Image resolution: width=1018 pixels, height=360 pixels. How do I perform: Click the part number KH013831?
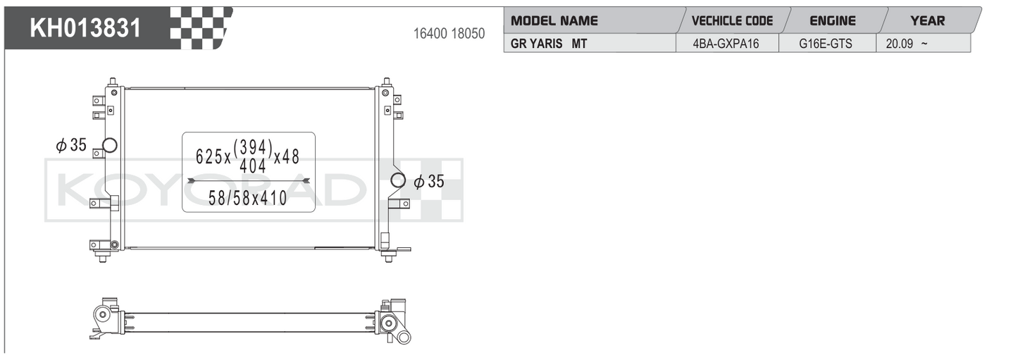point(85,28)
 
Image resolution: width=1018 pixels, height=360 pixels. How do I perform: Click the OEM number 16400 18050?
point(449,34)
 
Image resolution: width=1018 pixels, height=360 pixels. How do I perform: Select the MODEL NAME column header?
point(554,21)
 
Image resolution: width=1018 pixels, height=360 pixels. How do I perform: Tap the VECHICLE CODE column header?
point(732,21)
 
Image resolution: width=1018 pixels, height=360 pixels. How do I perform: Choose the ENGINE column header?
point(833,21)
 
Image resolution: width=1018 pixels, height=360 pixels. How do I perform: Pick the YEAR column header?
point(928,21)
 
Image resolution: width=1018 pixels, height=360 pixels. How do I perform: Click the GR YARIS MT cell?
point(549,44)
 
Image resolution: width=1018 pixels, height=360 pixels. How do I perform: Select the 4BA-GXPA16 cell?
point(726,44)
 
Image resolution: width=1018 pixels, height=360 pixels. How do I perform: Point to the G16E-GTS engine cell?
point(825,44)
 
